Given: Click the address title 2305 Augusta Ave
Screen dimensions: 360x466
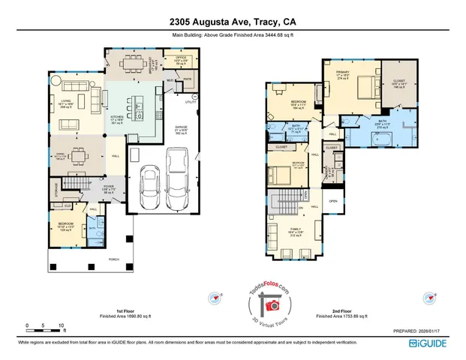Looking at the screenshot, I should pyautogui.click(x=233, y=22).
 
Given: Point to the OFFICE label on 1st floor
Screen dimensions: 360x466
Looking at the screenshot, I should pyautogui.click(x=181, y=57).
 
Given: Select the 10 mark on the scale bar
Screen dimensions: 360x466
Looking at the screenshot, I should pyautogui.click(x=61, y=325).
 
